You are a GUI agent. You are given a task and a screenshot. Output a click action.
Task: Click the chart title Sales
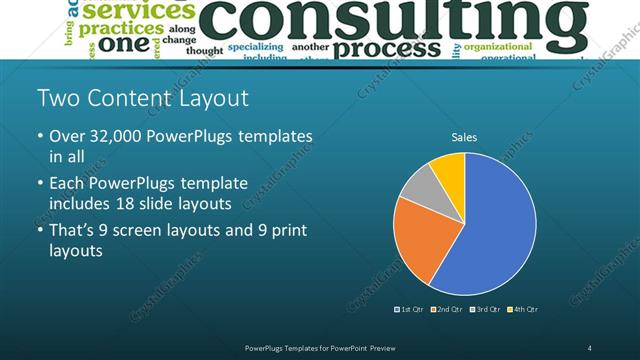[464, 136]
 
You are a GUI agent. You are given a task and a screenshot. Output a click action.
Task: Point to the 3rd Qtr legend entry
[486, 309]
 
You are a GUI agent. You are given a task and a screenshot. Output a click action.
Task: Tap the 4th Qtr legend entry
[523, 309]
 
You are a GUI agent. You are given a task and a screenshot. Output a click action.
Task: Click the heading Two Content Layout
[142, 98]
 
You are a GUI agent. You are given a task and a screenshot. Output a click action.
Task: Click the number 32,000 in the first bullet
[124, 136]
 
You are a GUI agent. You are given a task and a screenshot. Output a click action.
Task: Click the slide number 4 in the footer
[590, 347]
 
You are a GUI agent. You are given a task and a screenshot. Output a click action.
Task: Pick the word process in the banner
[384, 47]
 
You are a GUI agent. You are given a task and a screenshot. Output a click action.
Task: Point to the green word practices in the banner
[121, 28]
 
